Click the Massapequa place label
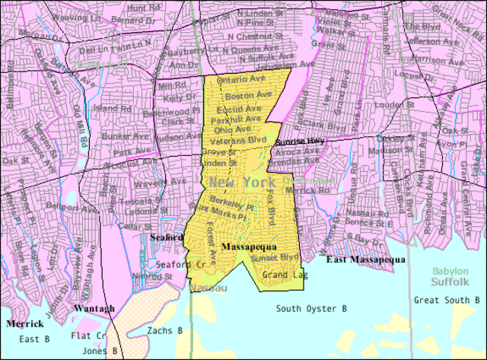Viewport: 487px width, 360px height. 249,247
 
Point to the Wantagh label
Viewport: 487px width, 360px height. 94,308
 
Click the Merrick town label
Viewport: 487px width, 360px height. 24,323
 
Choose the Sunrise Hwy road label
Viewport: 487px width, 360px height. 300,142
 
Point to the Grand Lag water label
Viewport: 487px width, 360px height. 285,274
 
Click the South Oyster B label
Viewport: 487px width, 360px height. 311,308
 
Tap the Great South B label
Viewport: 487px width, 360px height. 446,300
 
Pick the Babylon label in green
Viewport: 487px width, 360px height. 450,271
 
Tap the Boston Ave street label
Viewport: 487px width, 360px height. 248,96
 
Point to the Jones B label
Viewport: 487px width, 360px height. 100,351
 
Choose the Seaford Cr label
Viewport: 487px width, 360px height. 181,263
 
